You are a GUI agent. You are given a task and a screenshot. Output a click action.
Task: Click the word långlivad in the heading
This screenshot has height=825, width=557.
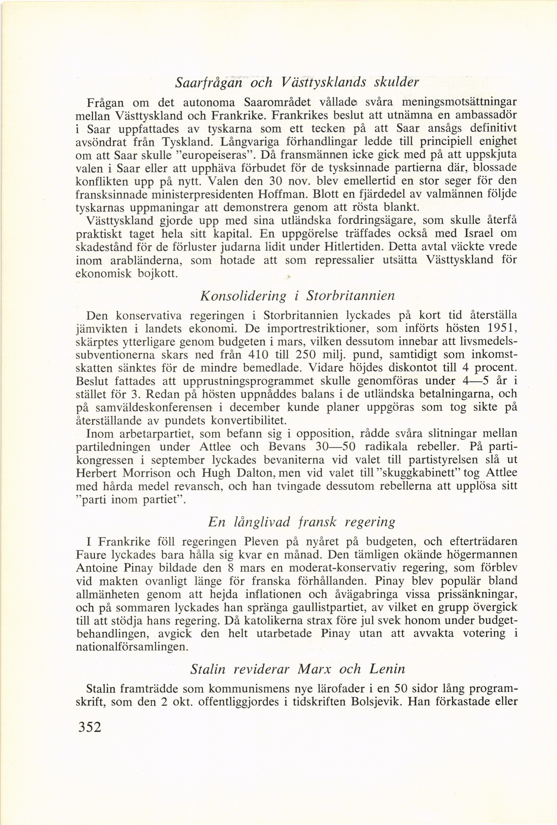(263, 522)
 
